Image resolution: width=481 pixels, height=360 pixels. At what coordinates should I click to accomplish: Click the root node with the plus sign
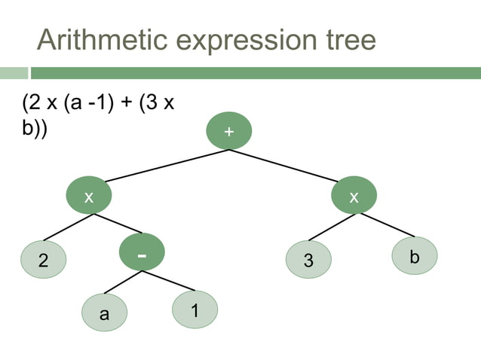[228, 131]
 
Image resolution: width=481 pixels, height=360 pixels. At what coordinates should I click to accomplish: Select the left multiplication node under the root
[88, 197]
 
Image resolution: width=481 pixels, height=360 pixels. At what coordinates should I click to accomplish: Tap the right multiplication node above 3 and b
[354, 197]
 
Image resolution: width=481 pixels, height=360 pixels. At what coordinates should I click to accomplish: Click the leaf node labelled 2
[43, 261]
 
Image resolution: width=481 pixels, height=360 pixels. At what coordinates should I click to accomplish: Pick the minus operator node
[142, 255]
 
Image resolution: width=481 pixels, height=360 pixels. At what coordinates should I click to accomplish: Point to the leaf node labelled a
[105, 314]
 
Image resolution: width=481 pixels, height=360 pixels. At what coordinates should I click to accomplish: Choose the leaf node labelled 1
[195, 309]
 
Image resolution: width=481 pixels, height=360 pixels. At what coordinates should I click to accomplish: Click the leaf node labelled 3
[308, 261]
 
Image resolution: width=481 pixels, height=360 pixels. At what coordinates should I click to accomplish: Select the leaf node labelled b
[414, 256]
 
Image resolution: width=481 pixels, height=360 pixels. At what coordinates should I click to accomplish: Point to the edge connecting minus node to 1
[167, 282]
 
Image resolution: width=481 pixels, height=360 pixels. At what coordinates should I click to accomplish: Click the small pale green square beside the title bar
[14, 73]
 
